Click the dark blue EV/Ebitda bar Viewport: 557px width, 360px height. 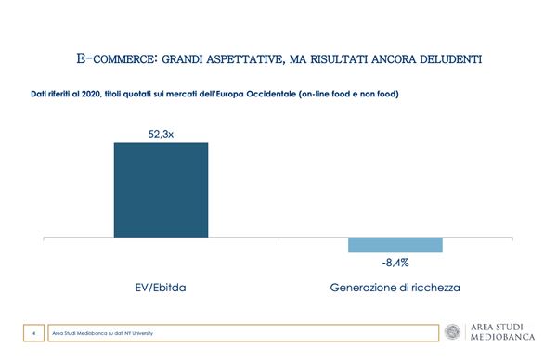click(x=161, y=189)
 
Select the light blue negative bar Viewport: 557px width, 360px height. click(x=395, y=245)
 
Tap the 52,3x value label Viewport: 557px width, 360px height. click(x=161, y=135)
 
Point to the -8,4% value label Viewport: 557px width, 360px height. click(x=395, y=263)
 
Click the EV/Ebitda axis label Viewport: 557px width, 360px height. click(x=161, y=288)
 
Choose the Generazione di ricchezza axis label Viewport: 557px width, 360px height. click(x=395, y=288)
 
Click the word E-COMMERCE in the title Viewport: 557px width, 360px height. click(x=117, y=58)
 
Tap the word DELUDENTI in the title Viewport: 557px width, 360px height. click(x=451, y=59)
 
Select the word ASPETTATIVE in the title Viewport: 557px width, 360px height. click(x=245, y=59)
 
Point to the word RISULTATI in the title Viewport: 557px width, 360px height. click(x=339, y=59)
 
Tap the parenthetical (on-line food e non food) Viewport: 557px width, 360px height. click(x=349, y=94)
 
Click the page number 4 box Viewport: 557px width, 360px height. click(x=33, y=333)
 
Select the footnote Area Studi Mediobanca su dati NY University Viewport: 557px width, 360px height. click(x=103, y=333)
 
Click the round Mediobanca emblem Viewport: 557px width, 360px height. click(x=453, y=332)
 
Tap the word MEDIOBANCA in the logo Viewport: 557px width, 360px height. click(x=502, y=337)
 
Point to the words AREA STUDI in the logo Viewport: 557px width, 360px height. click(x=497, y=327)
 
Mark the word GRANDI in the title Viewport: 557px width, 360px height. click(x=182, y=59)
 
